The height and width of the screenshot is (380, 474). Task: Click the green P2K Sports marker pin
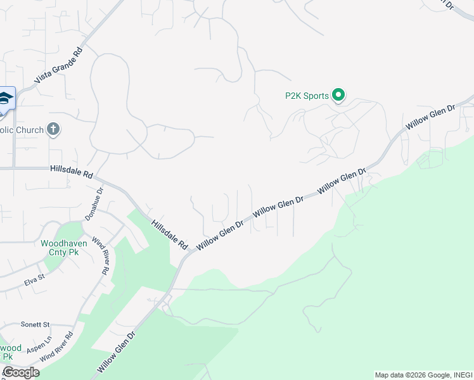(x=338, y=95)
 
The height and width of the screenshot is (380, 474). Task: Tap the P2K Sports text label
(x=307, y=96)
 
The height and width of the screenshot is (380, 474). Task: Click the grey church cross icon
(x=53, y=130)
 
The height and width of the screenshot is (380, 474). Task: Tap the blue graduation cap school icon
(x=5, y=98)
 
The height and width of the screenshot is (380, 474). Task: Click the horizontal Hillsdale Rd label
(x=72, y=171)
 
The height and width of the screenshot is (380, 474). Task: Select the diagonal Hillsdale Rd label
(x=170, y=234)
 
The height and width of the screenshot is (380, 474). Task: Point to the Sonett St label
(x=34, y=324)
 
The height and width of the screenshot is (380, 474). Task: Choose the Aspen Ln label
(x=39, y=345)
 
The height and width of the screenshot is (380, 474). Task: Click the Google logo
(x=21, y=372)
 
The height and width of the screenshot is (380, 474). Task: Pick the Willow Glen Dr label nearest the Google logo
(x=117, y=351)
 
